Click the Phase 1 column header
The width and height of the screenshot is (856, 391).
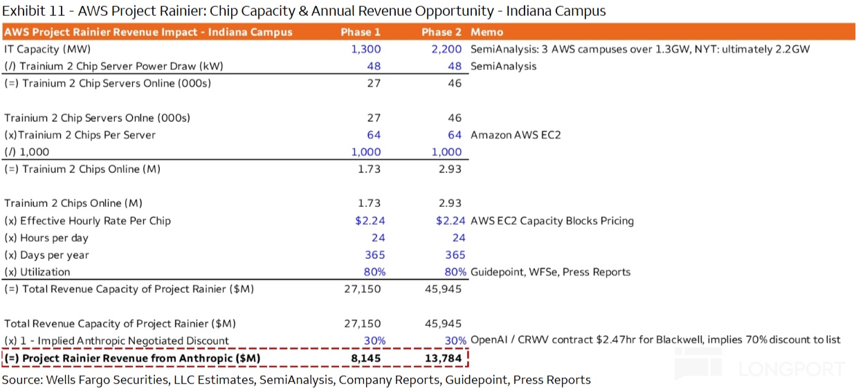[361, 32]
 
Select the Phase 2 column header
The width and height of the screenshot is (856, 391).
[441, 32]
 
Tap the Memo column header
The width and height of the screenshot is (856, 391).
[486, 32]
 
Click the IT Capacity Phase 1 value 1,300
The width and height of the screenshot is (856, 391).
[365, 49]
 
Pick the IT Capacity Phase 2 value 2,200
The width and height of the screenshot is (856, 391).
[446, 49]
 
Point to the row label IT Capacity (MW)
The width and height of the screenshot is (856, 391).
[47, 49]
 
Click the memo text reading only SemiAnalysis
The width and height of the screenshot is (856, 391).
[503, 66]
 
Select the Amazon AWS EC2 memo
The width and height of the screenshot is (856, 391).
[516, 135]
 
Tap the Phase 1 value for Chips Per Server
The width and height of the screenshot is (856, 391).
[374, 135]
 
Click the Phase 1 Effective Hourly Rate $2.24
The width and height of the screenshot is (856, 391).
[370, 221]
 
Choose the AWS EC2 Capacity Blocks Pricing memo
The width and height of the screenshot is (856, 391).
[552, 221]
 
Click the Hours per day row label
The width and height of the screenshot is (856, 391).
[46, 238]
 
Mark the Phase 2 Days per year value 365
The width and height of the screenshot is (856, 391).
[455, 255]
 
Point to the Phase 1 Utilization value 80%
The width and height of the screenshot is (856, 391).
[374, 272]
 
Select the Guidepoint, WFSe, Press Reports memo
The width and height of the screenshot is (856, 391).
[550, 272]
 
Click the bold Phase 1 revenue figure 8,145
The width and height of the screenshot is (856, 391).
[365, 358]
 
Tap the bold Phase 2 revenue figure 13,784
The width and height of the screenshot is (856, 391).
[444, 358]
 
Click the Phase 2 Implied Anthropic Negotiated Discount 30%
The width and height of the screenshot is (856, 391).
[455, 340]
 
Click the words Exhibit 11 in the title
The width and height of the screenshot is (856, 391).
[34, 10]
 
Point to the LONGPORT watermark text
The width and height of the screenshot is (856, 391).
[792, 370]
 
